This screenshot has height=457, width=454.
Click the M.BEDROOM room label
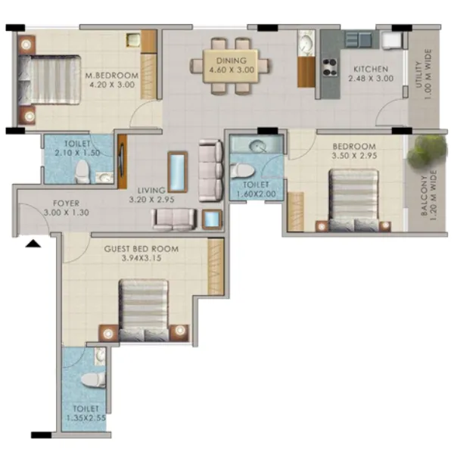(x=111, y=75)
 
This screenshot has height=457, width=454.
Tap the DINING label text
(x=231, y=60)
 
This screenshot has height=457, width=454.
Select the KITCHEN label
(x=367, y=67)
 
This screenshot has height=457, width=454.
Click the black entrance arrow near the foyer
(x=32, y=243)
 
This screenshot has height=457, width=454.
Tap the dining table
(x=231, y=66)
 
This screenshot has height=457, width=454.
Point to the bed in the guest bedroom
(x=144, y=307)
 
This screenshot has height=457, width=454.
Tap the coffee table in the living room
(x=177, y=172)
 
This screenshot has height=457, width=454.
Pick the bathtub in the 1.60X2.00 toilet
(x=256, y=145)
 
